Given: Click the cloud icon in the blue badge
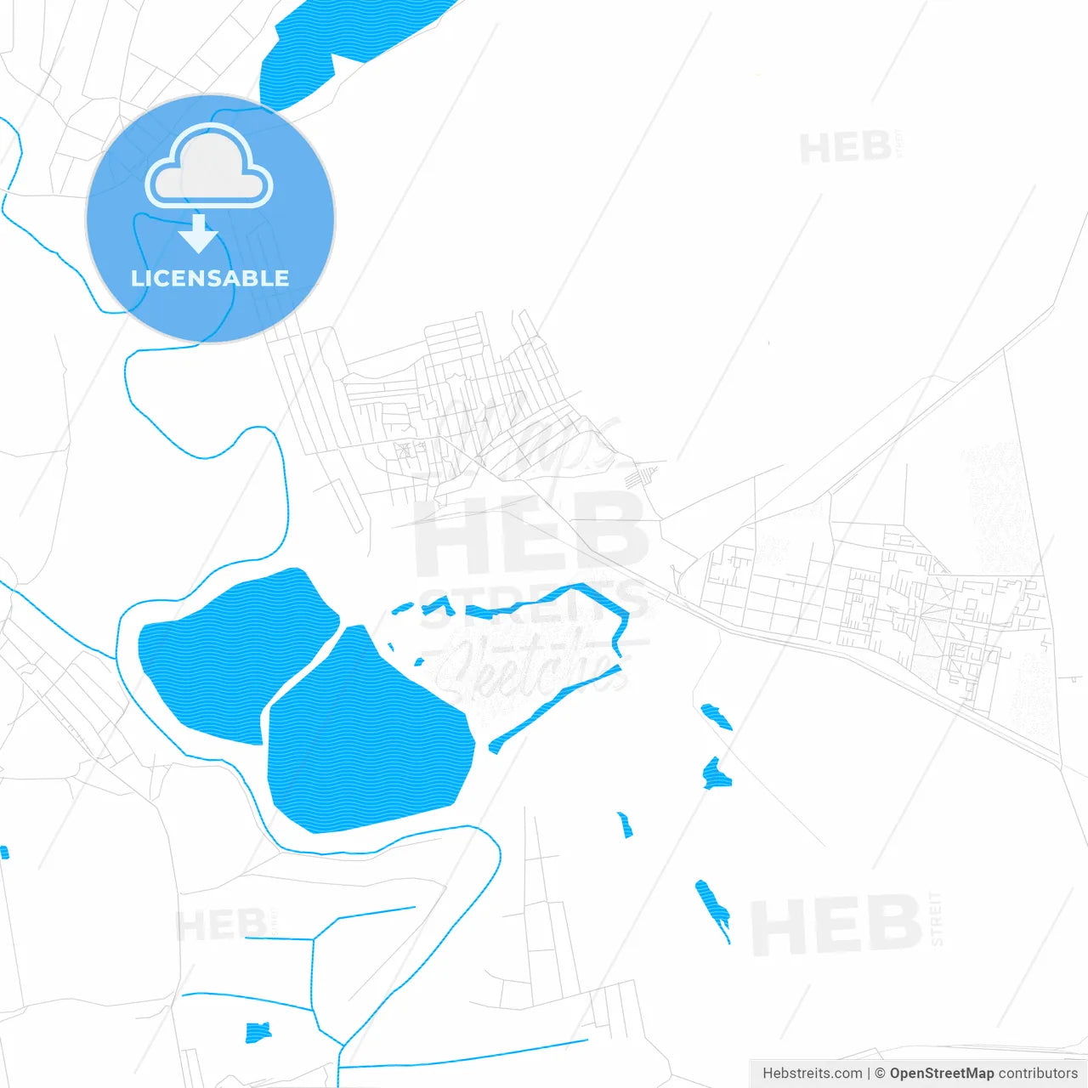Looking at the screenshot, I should coord(209,167).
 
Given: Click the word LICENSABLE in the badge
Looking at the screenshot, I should coord(210,278).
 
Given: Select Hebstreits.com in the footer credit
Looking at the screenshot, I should coord(812,1074).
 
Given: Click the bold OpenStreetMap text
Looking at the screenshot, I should coord(941,1074).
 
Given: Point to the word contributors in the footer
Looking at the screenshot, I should coord(1038,1074).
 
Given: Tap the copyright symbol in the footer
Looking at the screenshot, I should coord(880,1074).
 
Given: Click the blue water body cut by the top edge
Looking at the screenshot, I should coord(340,42).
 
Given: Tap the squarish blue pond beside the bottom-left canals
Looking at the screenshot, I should coord(258,1033).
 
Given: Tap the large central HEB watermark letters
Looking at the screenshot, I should coord(531,535).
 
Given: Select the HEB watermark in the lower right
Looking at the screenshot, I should coord(837,925).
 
